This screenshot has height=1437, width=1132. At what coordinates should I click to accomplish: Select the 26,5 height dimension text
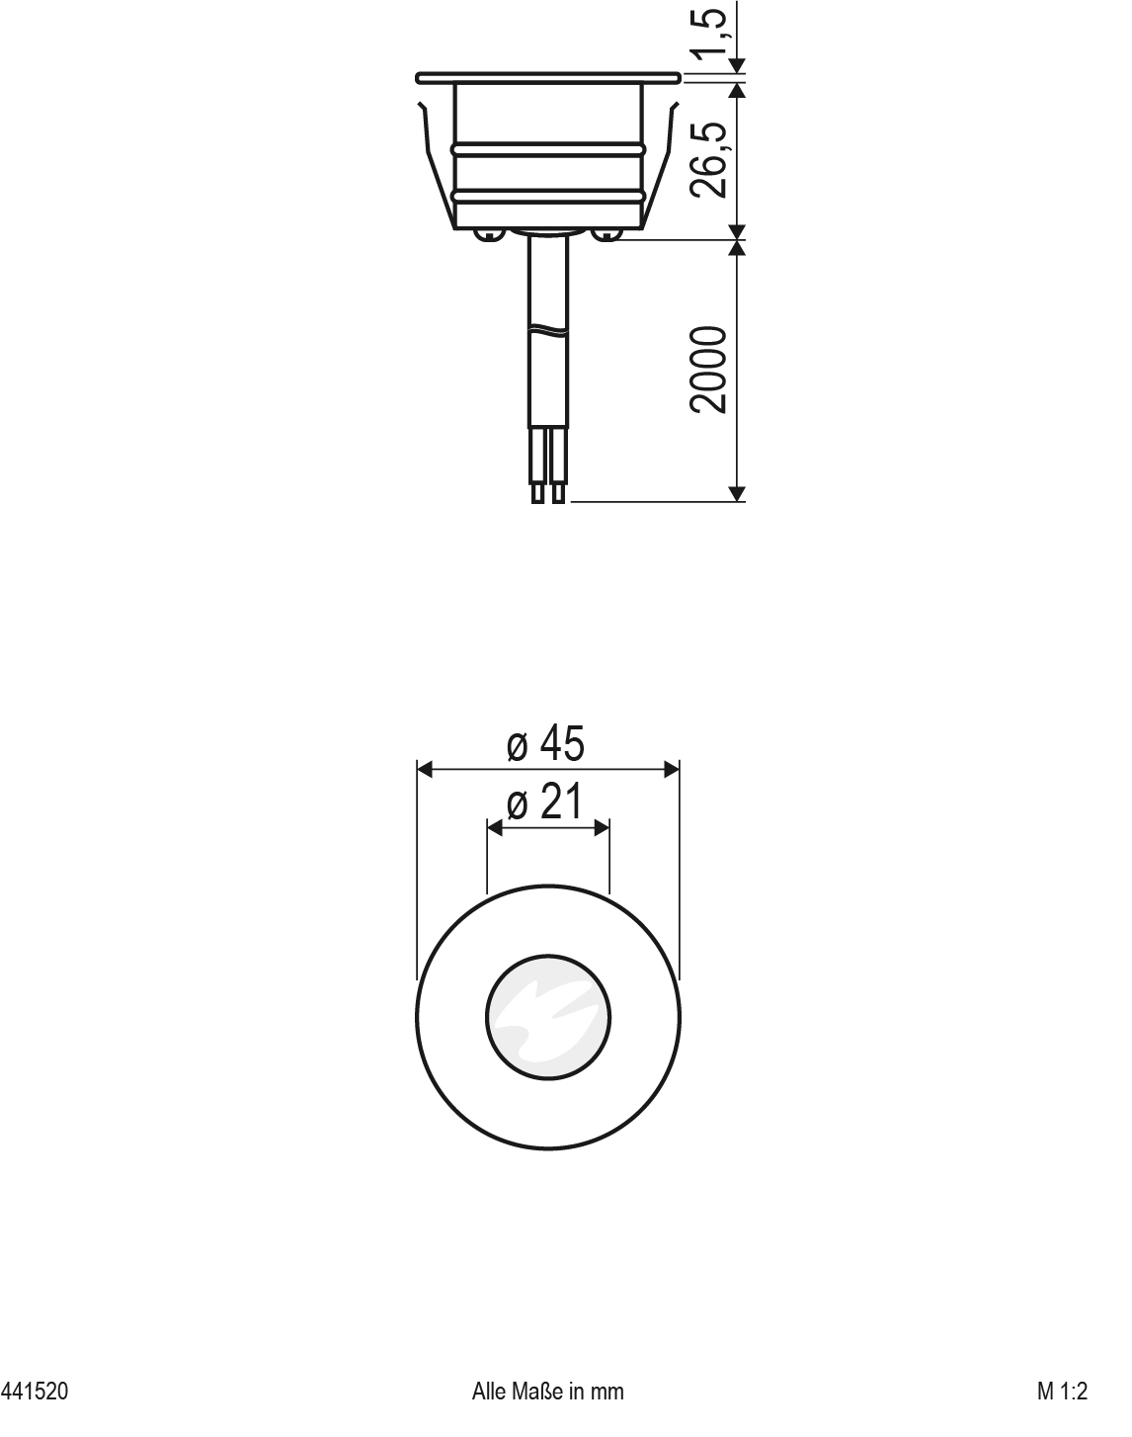pyautogui.click(x=712, y=158)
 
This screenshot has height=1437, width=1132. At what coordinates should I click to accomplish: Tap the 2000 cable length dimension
pyautogui.click(x=712, y=370)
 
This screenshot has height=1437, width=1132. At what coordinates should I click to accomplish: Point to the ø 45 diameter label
pyautogui.click(x=545, y=743)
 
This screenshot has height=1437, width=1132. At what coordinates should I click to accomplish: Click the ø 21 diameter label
pyautogui.click(x=544, y=803)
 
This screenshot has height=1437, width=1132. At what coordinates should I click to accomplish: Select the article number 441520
pyautogui.click(x=36, y=1392)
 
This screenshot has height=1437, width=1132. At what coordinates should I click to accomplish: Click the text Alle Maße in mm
pyautogui.click(x=548, y=1392)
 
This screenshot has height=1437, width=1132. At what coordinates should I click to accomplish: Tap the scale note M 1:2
pyautogui.click(x=1061, y=1392)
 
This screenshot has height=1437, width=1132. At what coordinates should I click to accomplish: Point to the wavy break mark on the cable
pyautogui.click(x=548, y=330)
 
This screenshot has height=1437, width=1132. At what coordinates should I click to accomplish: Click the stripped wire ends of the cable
pyautogui.click(x=548, y=491)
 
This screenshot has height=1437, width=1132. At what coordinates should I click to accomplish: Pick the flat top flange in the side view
pyautogui.click(x=548, y=76)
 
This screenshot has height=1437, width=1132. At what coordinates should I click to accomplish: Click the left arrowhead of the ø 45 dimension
pyautogui.click(x=425, y=769)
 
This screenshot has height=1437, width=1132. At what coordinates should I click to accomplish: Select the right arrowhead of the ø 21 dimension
pyautogui.click(x=602, y=828)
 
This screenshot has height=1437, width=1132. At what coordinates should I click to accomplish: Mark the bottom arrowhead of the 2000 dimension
pyautogui.click(x=737, y=493)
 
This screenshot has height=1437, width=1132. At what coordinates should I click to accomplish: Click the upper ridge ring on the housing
pyautogui.click(x=548, y=149)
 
